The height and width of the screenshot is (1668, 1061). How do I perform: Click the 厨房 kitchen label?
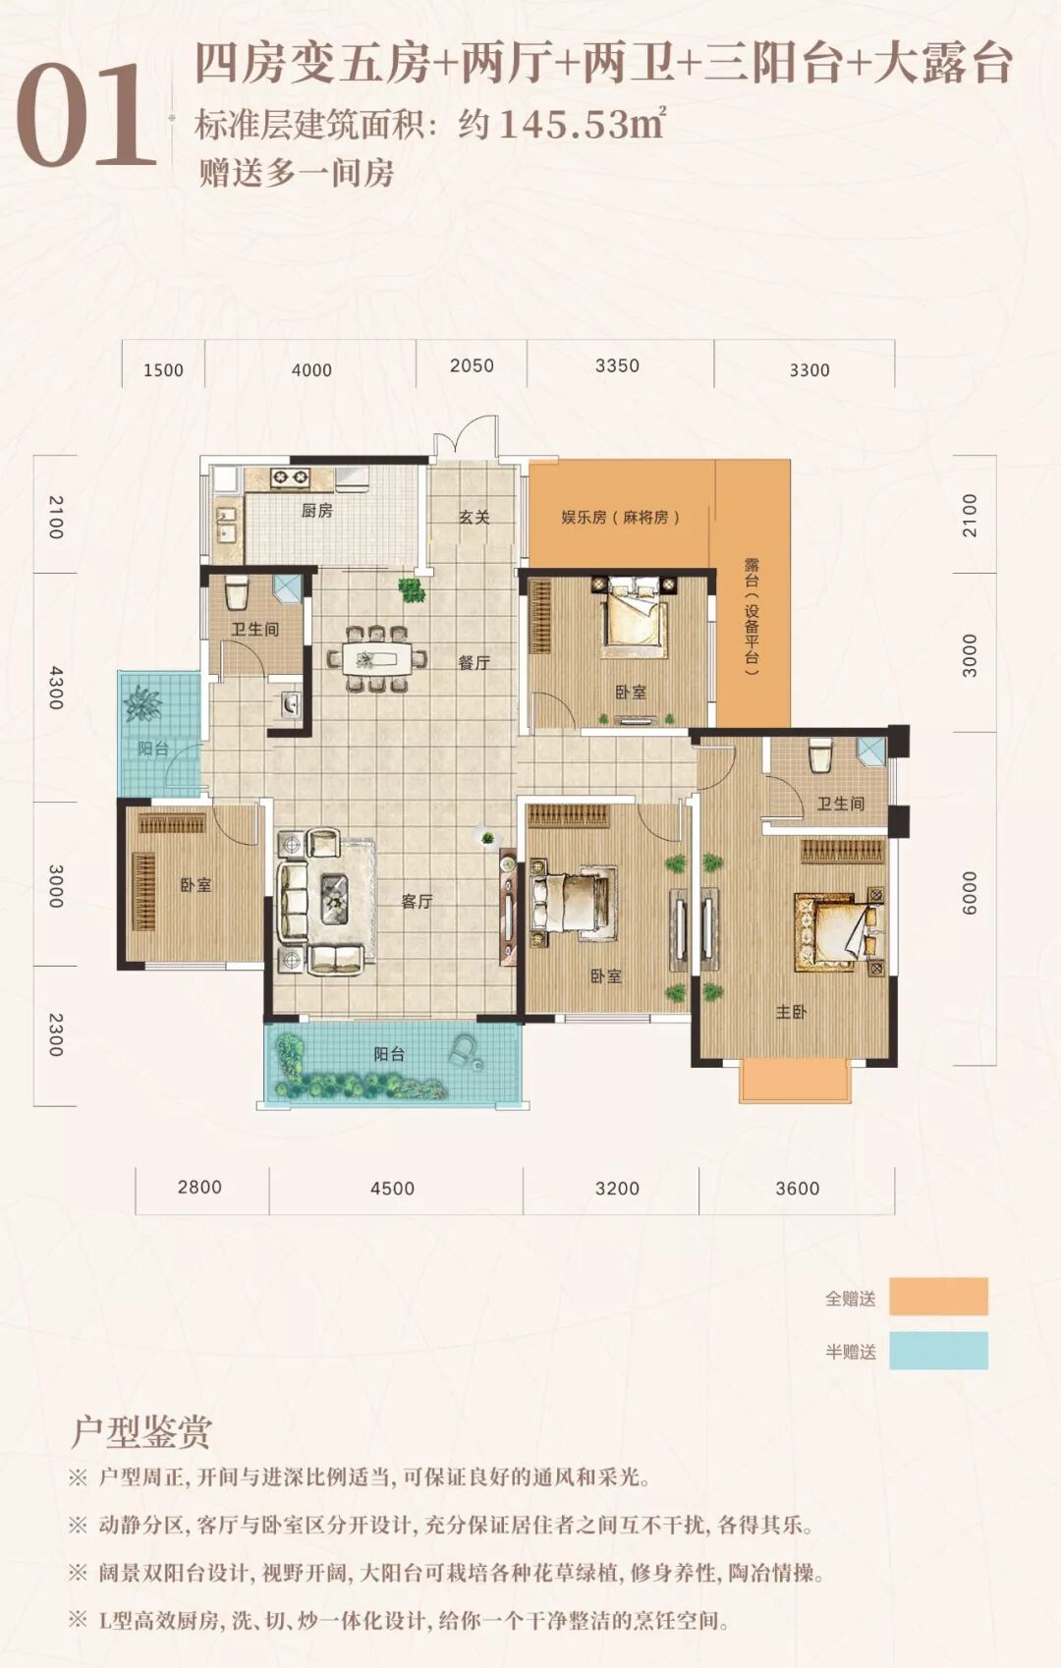[316, 511]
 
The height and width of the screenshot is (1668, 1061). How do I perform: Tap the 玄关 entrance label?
[474, 517]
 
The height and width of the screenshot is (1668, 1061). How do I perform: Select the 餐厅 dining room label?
[474, 662]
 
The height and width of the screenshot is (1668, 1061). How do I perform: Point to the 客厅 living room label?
[417, 902]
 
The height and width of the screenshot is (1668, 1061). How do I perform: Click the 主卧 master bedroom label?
[791, 1012]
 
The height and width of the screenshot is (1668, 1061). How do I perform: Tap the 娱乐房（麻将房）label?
[620, 517]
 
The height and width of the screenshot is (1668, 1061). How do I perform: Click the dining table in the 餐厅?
[376, 659]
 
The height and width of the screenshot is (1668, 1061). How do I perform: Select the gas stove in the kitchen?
[290, 477]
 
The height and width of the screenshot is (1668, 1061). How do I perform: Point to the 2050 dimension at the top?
[473, 365]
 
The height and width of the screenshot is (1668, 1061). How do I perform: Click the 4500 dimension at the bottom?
[392, 1189]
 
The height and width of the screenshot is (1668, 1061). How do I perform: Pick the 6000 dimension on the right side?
[968, 893]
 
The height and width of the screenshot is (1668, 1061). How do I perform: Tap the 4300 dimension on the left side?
[56, 688]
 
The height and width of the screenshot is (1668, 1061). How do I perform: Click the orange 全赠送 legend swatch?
[939, 1297]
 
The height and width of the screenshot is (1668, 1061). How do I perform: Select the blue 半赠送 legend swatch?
[939, 1350]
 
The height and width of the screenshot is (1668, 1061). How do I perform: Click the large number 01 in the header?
[85, 115]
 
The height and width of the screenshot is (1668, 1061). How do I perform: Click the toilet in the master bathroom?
[819, 754]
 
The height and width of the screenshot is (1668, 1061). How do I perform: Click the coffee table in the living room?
[334, 900]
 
